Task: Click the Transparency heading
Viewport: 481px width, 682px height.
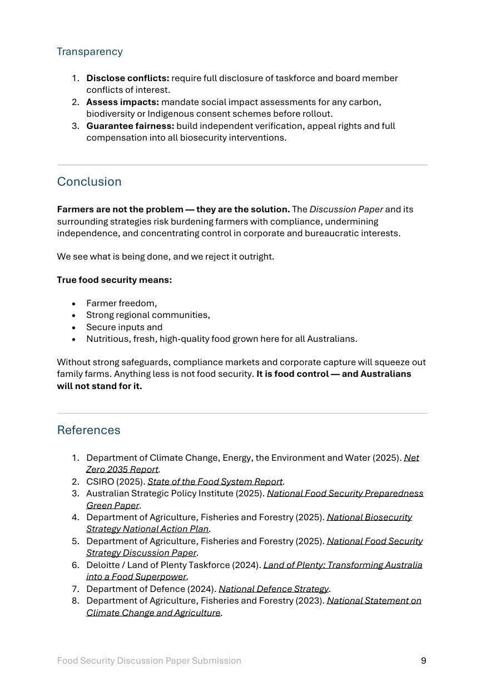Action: click(90, 52)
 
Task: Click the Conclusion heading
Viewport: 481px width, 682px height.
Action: click(89, 182)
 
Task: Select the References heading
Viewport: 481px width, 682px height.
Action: click(88, 430)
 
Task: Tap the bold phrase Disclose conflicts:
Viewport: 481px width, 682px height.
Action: click(127, 78)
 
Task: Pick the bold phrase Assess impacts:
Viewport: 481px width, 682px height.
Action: click(122, 102)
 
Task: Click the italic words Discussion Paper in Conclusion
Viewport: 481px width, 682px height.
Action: click(346, 210)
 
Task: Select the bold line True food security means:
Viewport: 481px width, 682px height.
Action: click(114, 280)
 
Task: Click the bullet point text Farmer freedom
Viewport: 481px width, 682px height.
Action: click(121, 303)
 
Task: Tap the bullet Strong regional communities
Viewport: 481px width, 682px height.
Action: click(148, 315)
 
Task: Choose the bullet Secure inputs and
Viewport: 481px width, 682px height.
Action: click(124, 327)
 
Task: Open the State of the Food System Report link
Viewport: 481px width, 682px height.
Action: click(215, 481)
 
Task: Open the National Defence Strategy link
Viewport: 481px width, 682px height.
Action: click(274, 589)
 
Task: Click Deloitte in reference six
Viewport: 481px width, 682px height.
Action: click(103, 565)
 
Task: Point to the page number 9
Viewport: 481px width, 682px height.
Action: click(424, 661)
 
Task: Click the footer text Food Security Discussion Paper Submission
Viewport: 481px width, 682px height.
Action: click(149, 661)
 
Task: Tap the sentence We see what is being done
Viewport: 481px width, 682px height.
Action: click(165, 257)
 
